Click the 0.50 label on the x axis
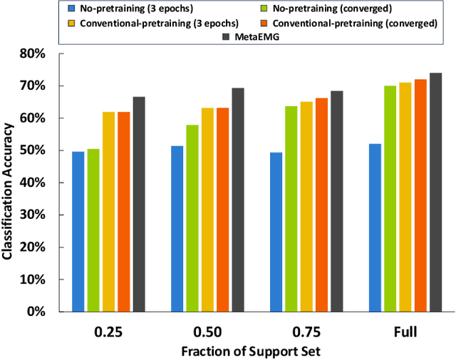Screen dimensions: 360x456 pos(207,332)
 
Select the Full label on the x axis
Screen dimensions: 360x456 pos(405,332)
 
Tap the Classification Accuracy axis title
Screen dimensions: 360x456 pos(10,182)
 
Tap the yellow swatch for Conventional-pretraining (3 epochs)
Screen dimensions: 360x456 pos(71,22)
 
